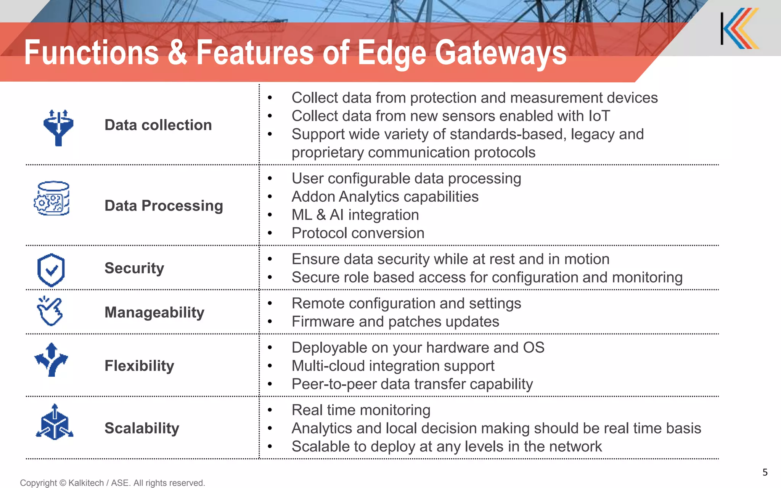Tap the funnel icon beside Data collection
click(58, 128)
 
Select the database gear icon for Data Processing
click(52, 199)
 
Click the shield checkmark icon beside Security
click(51, 270)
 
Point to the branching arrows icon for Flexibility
click(51, 360)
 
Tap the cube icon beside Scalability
click(55, 422)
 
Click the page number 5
click(765, 472)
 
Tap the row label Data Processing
click(164, 206)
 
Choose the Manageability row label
click(154, 313)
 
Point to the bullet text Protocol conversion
click(358, 233)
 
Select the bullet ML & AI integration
click(355, 215)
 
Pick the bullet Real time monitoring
click(361, 410)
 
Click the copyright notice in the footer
click(112, 483)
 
